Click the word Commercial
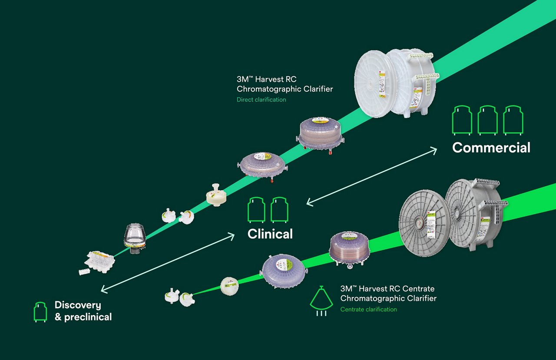(x=491, y=148)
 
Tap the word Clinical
(x=270, y=234)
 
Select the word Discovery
(x=77, y=305)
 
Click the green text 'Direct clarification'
(x=261, y=99)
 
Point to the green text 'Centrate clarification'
(x=368, y=309)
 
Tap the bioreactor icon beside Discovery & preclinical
(x=40, y=312)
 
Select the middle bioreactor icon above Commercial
(x=487, y=119)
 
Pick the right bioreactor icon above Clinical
(x=279, y=210)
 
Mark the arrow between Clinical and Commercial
(x=372, y=176)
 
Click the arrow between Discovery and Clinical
(x=168, y=263)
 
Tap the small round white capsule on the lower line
(x=229, y=286)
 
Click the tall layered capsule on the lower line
(x=350, y=249)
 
